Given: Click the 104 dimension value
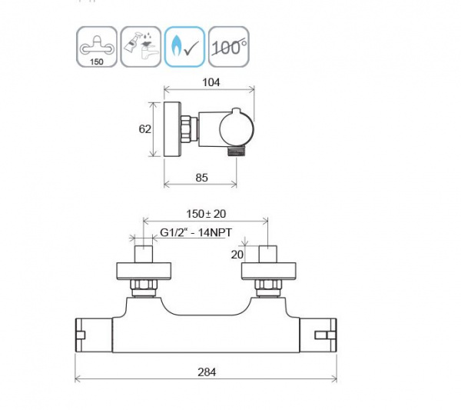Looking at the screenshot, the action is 211,82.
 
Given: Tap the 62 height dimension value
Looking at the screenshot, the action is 144,129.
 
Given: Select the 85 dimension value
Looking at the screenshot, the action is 201,178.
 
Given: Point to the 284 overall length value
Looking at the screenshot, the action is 207,372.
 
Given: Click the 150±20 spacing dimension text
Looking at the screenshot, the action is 206,214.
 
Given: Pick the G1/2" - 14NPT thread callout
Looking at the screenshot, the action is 196,232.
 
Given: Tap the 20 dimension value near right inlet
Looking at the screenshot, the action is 237,255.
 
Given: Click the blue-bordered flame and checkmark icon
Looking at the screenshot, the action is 184,47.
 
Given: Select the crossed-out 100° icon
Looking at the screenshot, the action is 229,47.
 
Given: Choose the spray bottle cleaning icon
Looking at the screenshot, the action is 141,47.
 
